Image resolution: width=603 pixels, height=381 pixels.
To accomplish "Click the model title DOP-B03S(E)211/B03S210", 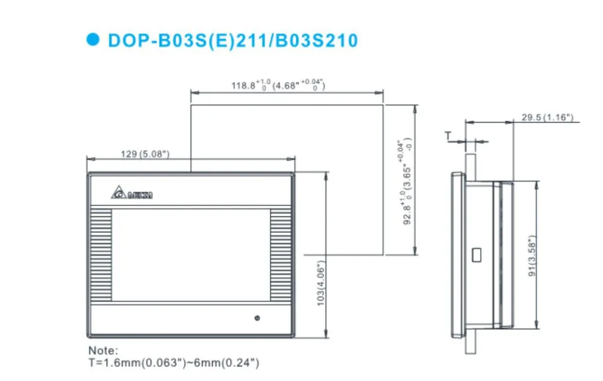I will click(232, 40).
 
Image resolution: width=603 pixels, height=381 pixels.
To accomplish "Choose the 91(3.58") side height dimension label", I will click(532, 256).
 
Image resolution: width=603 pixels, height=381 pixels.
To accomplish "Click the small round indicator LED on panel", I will click(257, 317).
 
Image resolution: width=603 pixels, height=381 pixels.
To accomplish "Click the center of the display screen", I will click(190, 255).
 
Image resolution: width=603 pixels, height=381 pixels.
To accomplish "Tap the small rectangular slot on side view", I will click(476, 254).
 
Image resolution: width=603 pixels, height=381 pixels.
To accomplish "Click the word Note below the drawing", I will click(103, 350).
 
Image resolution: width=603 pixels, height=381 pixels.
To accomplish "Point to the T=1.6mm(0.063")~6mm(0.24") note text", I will click(174, 362).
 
